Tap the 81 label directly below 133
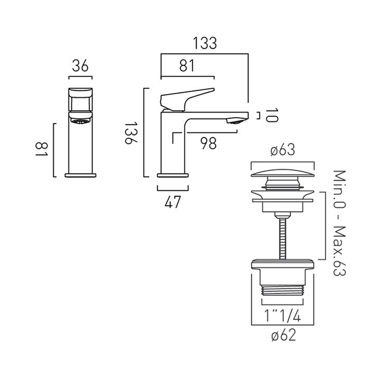point(187,66)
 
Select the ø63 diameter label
point(283,151)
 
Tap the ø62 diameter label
point(283,335)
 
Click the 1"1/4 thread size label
point(283,316)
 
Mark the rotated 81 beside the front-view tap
point(41,149)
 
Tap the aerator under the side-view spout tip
point(234,121)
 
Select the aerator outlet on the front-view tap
point(80,122)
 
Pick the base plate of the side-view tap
point(173,175)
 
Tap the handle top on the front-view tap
point(80,91)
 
